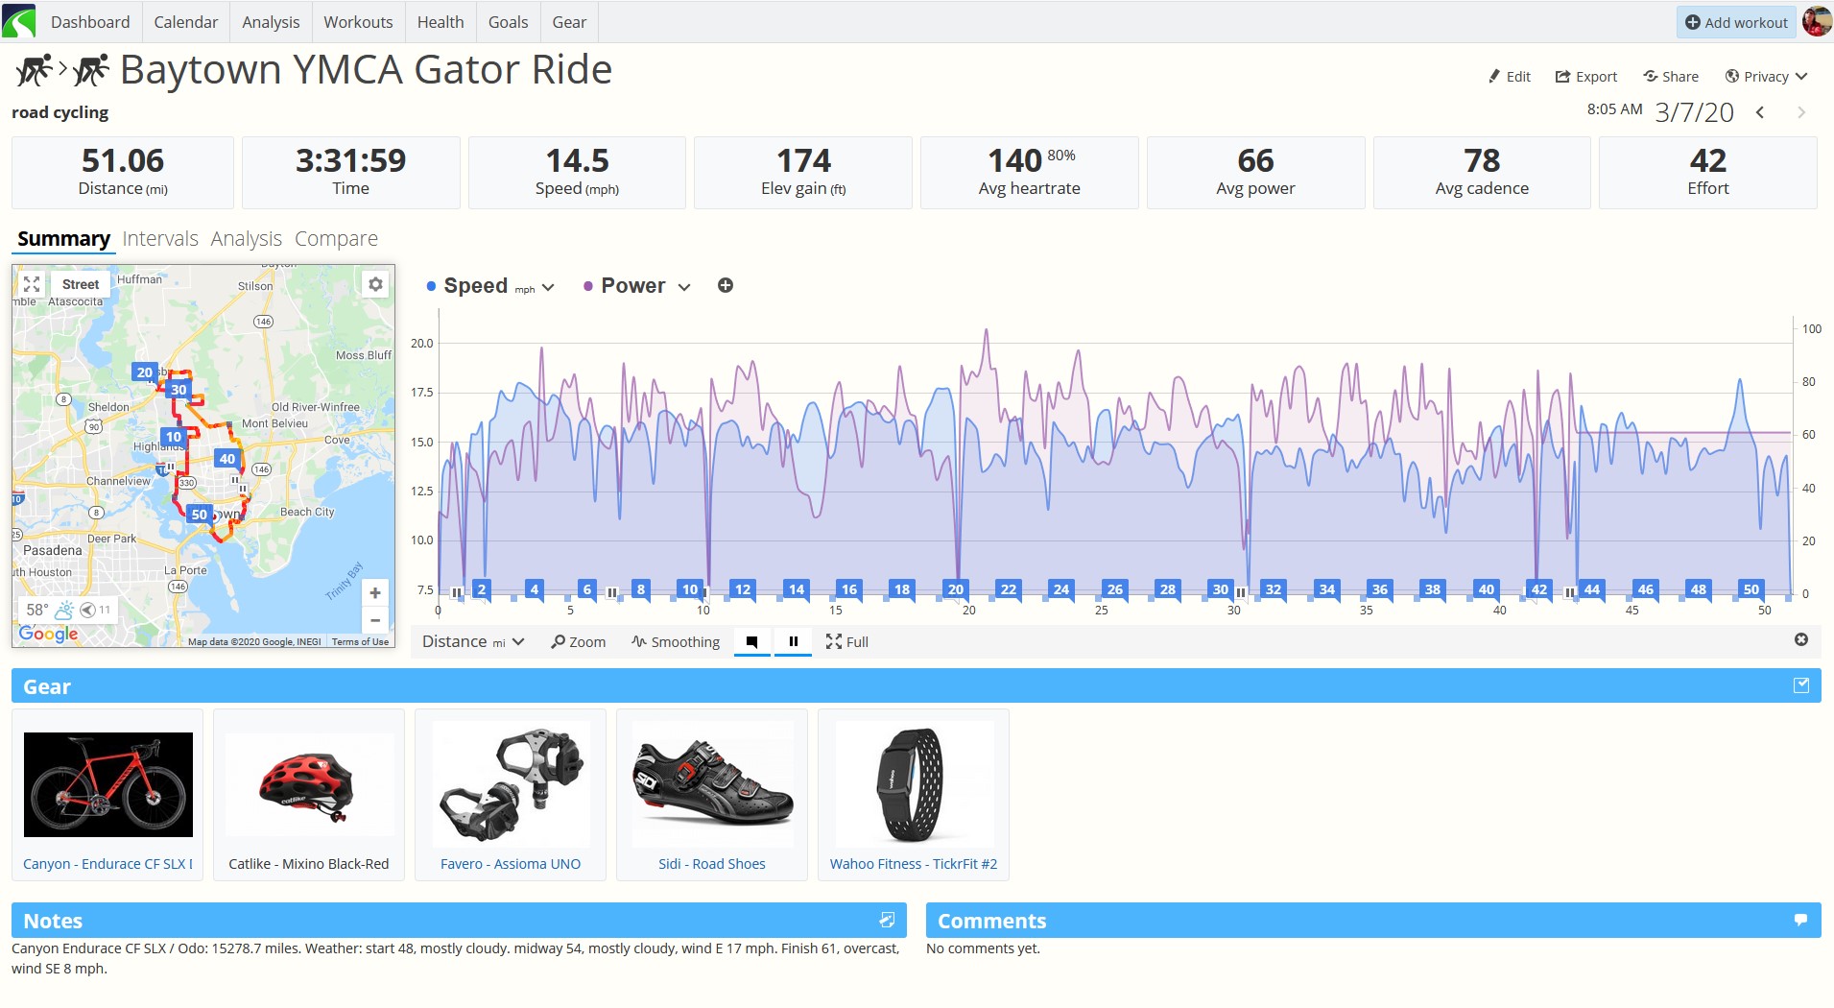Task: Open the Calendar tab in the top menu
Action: (185, 22)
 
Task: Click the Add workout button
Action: (1736, 22)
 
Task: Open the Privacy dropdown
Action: (1766, 77)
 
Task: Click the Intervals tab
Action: (160, 238)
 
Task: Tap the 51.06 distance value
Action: (123, 160)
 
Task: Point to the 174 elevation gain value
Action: (803, 160)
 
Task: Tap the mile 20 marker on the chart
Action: (955, 589)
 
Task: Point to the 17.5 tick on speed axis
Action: (422, 393)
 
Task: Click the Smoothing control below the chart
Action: (676, 642)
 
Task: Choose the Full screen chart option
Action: (846, 642)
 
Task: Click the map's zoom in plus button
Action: (375, 592)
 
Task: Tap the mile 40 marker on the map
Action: (227, 459)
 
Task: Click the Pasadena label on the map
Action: (53, 551)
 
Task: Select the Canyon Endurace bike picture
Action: (107, 784)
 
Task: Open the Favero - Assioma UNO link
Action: (511, 864)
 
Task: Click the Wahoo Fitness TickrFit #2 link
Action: (914, 864)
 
